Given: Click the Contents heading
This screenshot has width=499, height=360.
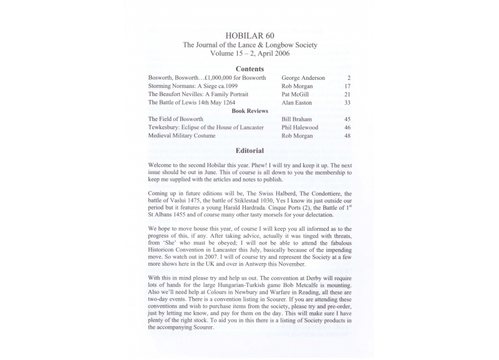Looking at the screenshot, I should pos(249,69).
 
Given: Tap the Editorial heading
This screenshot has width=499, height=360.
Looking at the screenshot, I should pos(249,150).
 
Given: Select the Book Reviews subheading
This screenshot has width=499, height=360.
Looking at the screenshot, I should pos(249,110).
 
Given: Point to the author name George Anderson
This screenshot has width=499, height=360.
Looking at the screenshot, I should pos(303,78).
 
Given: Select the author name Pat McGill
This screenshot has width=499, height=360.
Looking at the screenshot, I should pos(296,94).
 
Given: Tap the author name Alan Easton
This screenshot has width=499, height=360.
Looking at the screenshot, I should pos(297,102).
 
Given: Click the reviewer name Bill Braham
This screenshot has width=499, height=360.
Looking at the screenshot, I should pos(298,119).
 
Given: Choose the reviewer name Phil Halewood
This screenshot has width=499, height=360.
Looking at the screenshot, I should pos(300,127).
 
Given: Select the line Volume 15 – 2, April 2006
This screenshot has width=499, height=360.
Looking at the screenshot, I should pos(249,54).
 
